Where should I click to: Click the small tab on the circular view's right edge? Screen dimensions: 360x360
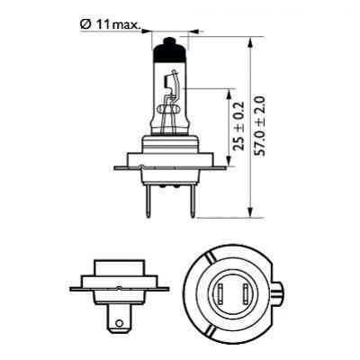click(x=285, y=290)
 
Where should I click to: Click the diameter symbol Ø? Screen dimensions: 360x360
click(x=84, y=24)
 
